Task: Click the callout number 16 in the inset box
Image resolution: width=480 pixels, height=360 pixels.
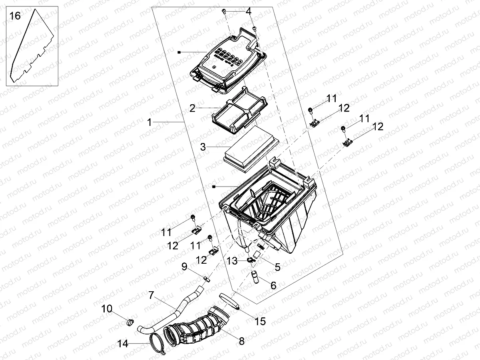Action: pyautogui.click(x=15, y=16)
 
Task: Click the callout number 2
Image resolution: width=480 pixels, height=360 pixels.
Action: pyautogui.click(x=193, y=108)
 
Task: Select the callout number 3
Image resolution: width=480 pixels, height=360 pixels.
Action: pyautogui.click(x=203, y=147)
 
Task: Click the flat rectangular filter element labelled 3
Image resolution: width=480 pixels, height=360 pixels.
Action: pyautogui.click(x=250, y=148)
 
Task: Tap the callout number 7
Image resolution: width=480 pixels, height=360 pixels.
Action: pyautogui.click(x=151, y=296)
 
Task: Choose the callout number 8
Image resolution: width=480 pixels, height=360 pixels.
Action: pyautogui.click(x=241, y=341)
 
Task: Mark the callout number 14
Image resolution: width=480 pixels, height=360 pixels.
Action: pyautogui.click(x=123, y=343)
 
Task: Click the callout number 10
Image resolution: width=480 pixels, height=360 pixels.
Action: pyautogui.click(x=107, y=308)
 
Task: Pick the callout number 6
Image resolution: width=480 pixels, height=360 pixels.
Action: pyautogui.click(x=273, y=285)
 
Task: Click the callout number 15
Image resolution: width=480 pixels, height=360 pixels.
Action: pyautogui.click(x=260, y=321)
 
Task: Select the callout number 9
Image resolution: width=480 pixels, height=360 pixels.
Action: pyautogui.click(x=185, y=267)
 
